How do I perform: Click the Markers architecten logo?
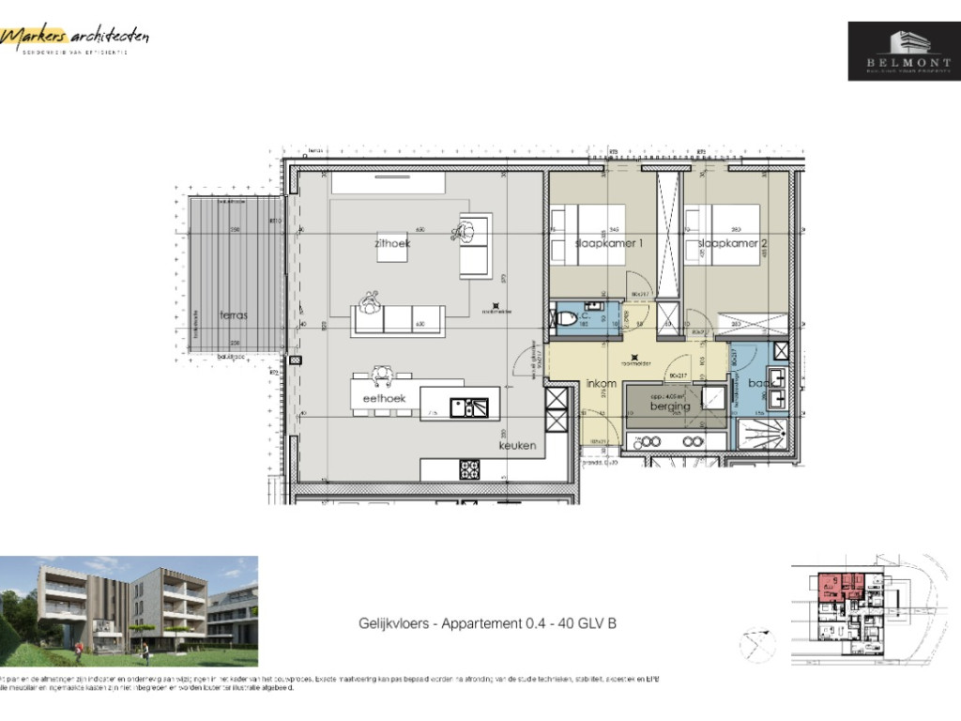pos(75,38)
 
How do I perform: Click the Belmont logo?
pos(904,51)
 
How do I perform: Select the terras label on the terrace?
pos(234,315)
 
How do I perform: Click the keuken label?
pos(517,446)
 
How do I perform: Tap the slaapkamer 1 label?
pos(608,244)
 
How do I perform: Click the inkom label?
pos(601,384)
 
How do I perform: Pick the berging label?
pos(671,407)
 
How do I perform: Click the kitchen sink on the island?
pos(468,407)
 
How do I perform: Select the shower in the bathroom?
pos(761,434)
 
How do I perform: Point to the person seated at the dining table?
pos(382,376)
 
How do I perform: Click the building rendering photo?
pos(129,611)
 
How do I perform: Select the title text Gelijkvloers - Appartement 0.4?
pos(487,623)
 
